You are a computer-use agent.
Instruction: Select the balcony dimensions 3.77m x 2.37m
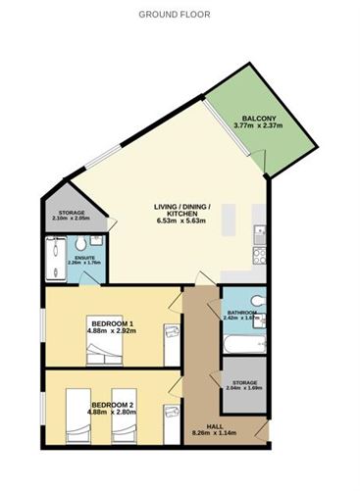pos(259,125)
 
